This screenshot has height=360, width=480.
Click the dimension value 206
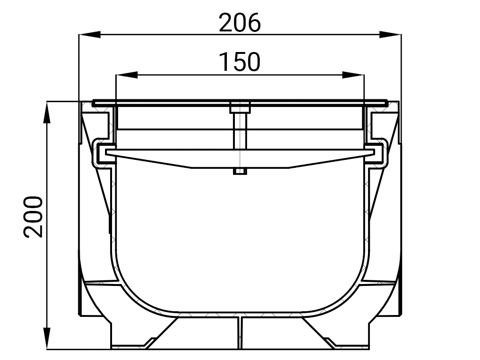point(240,22)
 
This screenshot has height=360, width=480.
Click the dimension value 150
point(240,62)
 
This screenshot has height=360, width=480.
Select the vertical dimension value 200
point(34,217)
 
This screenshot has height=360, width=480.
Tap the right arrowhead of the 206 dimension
point(390,34)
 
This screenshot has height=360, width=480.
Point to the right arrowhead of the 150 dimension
point(353,75)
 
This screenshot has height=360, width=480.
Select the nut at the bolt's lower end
point(240,172)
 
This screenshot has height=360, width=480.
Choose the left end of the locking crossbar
point(111,152)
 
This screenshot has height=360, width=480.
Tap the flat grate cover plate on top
point(187,103)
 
